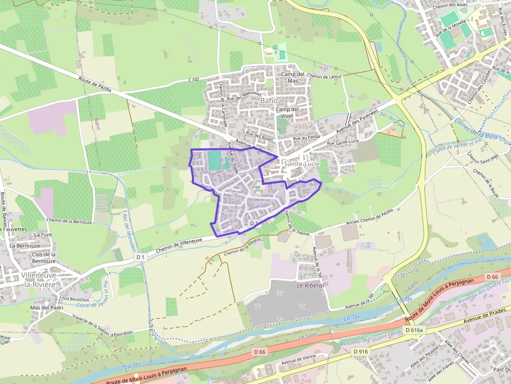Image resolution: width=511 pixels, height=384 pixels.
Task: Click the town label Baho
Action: coord(269,100)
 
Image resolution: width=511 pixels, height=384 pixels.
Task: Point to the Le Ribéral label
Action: coord(310,286)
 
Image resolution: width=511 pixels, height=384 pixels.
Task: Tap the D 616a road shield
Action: coord(416,330)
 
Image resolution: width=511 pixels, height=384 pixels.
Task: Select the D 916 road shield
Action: coord(361,352)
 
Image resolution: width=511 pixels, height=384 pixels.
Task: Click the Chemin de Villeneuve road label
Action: coord(178,244)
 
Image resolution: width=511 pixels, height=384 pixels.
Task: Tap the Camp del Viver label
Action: coord(287,113)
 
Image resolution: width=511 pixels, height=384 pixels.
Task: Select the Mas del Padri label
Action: coord(46,307)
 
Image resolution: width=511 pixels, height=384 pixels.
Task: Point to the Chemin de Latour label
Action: coord(324,76)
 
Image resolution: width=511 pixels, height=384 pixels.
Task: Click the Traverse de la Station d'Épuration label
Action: coord(102,325)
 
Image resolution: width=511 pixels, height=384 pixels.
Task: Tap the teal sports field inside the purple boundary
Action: coord(214,160)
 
